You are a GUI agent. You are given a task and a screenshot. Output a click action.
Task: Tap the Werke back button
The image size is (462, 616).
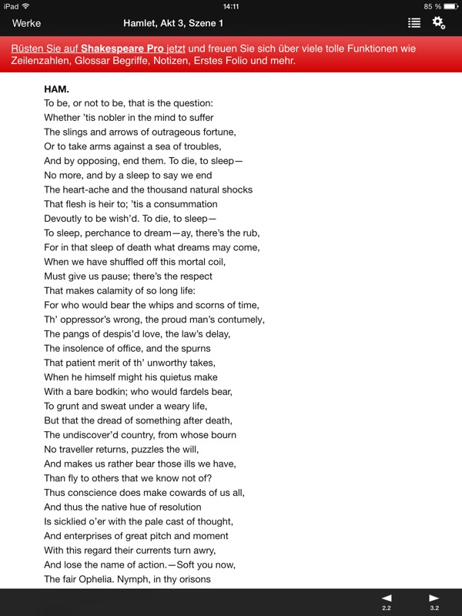[x=27, y=23]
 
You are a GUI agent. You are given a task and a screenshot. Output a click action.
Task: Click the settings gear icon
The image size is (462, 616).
[x=438, y=23]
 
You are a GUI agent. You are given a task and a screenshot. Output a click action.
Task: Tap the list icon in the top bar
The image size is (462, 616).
[x=414, y=23]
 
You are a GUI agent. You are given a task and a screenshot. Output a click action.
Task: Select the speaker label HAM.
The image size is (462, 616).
[x=56, y=89]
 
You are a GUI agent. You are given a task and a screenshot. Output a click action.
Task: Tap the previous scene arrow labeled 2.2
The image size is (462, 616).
[x=387, y=601]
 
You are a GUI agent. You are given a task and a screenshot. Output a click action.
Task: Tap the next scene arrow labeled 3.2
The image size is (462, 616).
[x=434, y=601]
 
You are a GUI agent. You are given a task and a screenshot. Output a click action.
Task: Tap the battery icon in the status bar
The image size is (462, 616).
[x=450, y=6]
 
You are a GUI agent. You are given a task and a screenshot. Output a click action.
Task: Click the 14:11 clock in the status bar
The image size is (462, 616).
[x=230, y=6]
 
